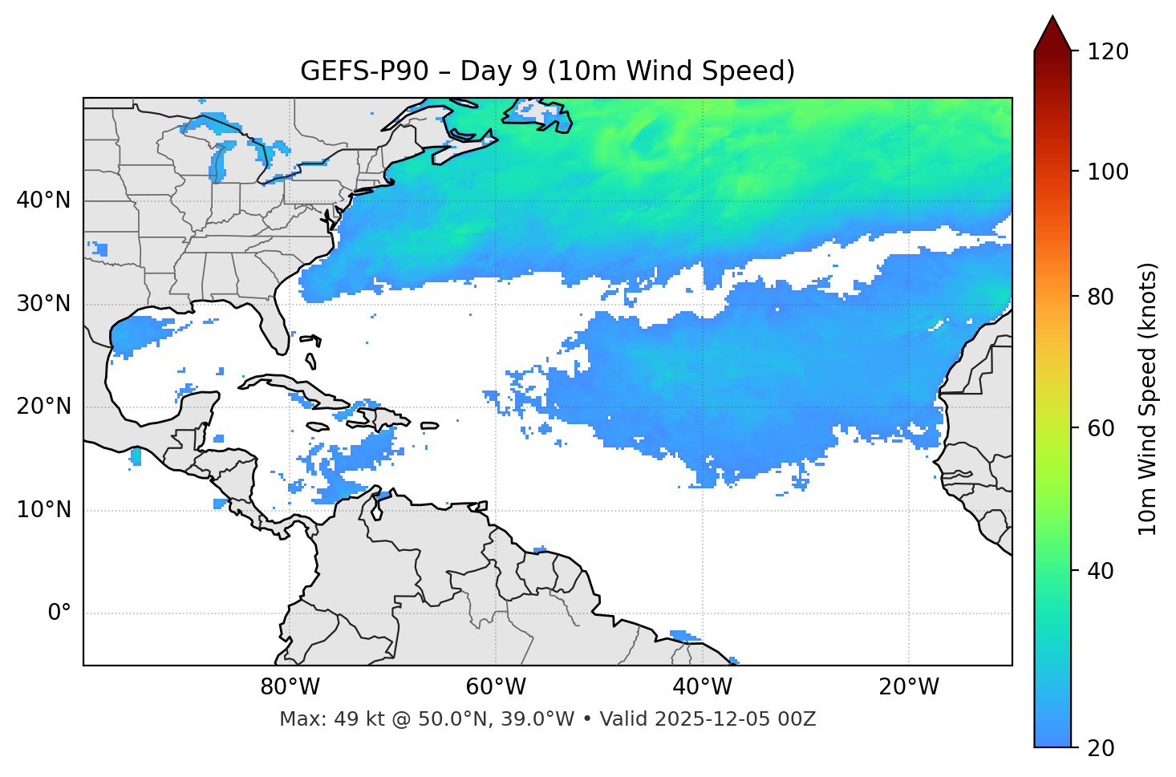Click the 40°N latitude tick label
(43, 200)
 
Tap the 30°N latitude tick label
(43, 304)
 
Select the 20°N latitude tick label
(43, 407)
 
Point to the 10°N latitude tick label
(43, 510)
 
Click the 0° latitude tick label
(59, 613)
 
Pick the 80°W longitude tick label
(290, 687)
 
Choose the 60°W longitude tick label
(496, 687)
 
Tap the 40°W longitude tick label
(702, 687)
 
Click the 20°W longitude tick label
(908, 687)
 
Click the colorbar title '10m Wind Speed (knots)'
(1148, 399)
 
